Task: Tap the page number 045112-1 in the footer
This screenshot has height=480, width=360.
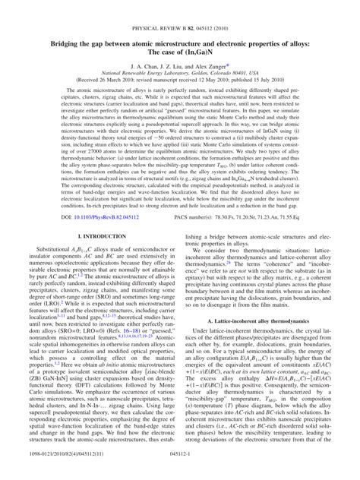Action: [x=180, y=472]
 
